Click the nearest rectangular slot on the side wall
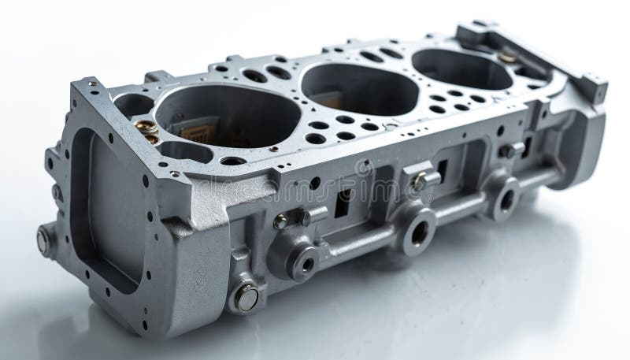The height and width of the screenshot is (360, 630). click(342, 203)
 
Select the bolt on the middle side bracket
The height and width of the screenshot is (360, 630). click(418, 180)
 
